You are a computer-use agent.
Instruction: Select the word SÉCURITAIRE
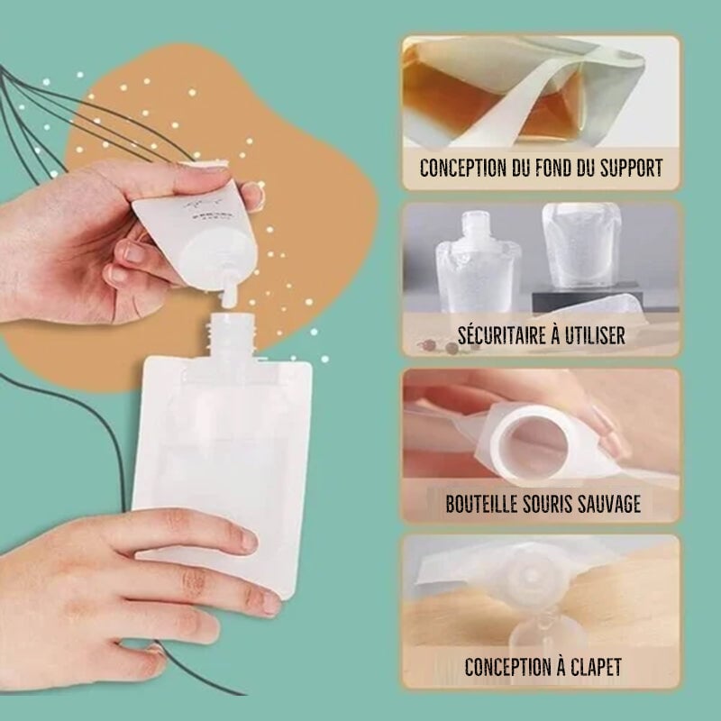[x=500, y=335]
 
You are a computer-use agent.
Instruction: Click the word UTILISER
[x=593, y=335]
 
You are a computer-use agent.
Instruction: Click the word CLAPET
[x=591, y=668]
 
